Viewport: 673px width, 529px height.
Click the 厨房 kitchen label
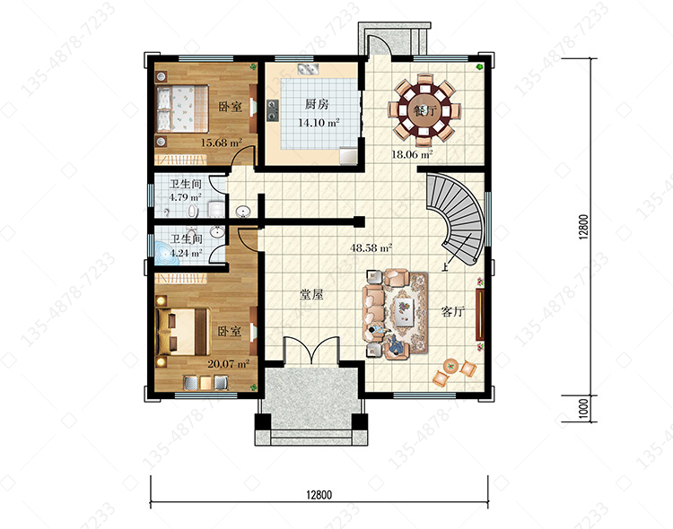(x=317, y=104)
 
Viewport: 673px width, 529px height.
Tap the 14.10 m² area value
(x=319, y=123)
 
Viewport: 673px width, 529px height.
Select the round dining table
(x=424, y=110)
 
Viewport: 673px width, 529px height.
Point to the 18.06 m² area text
(x=412, y=154)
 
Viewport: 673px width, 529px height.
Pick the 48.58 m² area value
(x=371, y=247)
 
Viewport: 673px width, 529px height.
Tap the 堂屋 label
(x=311, y=294)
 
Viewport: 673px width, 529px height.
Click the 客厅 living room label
(x=453, y=311)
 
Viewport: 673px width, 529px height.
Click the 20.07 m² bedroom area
(x=228, y=364)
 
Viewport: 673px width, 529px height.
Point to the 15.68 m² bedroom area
(x=221, y=143)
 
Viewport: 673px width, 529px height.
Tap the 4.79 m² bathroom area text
(x=185, y=197)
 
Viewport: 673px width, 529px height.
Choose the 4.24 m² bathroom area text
(x=186, y=253)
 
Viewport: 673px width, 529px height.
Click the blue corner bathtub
(x=165, y=254)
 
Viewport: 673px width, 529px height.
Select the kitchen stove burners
(x=272, y=110)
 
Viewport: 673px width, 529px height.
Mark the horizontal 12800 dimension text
(x=319, y=495)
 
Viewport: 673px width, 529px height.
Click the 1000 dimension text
(x=583, y=409)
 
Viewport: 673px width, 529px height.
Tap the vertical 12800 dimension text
(x=583, y=227)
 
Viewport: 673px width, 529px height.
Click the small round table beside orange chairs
(x=450, y=366)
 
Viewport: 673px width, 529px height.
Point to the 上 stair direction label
(x=445, y=268)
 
